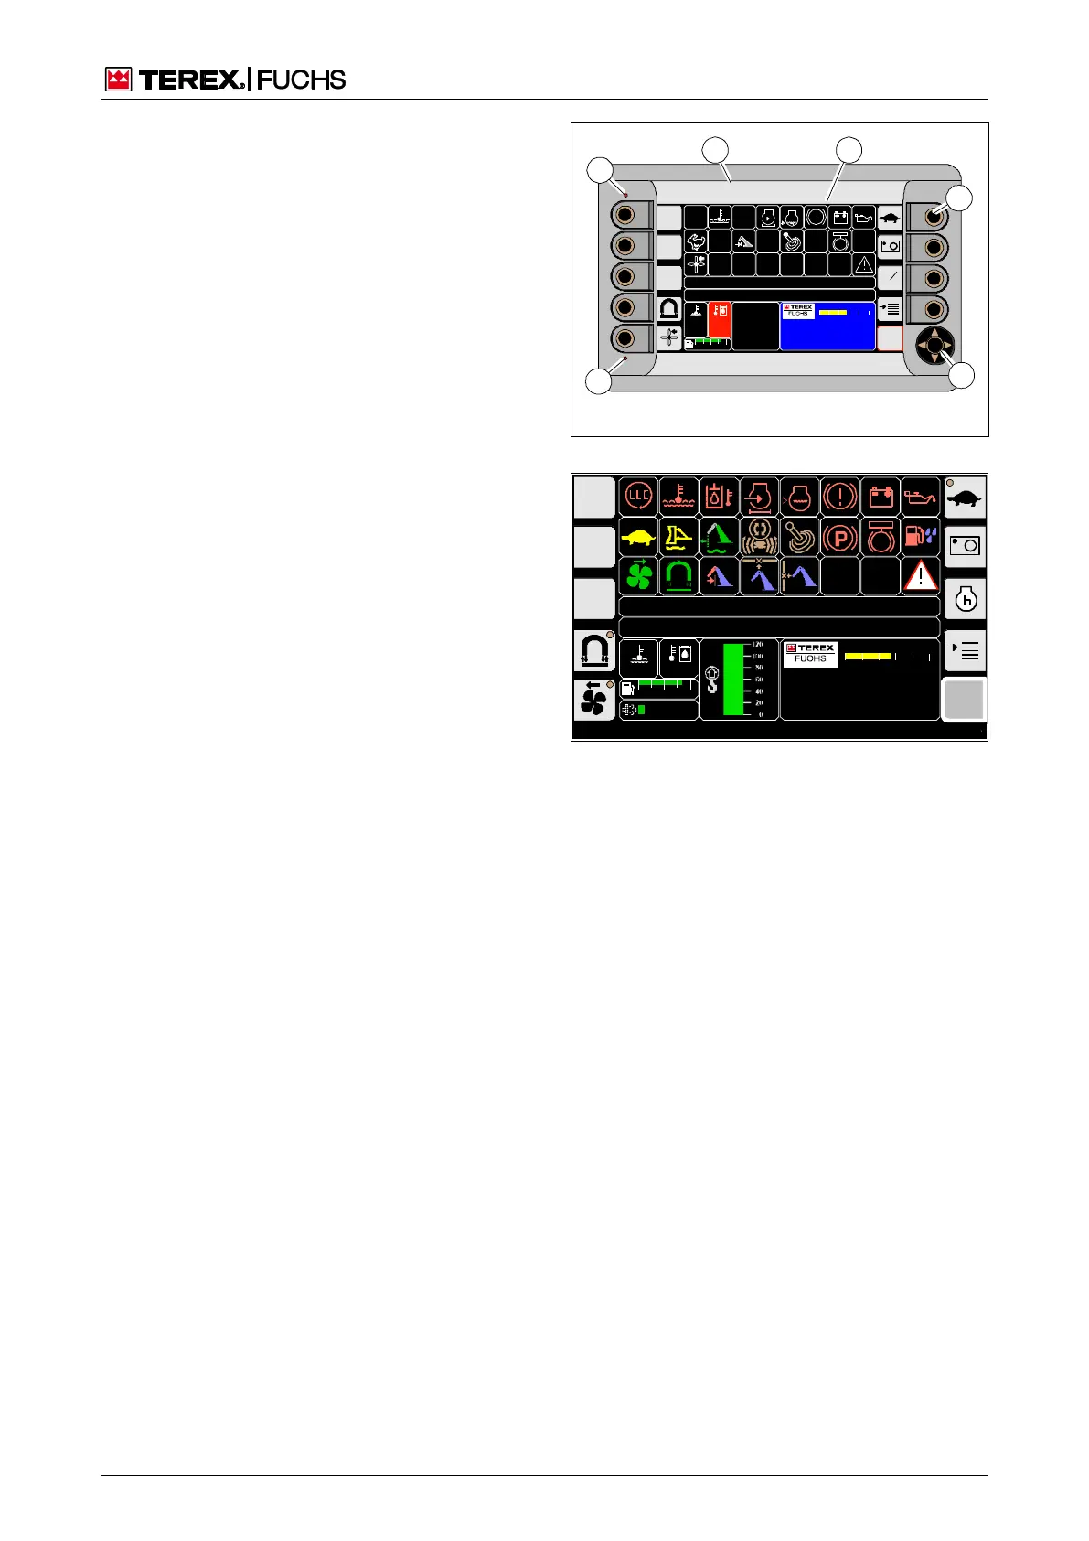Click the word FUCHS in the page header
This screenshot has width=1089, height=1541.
(302, 80)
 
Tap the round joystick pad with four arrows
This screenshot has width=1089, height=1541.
(934, 346)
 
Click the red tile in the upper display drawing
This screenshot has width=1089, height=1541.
(720, 320)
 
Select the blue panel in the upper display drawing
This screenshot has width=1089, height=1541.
(827, 326)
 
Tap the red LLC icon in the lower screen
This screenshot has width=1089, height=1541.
(638, 497)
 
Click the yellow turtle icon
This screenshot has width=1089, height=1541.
(638, 538)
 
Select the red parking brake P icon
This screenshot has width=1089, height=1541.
(839, 538)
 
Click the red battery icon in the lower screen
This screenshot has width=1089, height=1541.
(881, 497)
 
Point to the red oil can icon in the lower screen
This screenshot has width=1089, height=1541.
(920, 497)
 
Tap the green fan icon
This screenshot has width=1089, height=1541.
(638, 577)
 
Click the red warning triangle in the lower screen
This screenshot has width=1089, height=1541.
(920, 577)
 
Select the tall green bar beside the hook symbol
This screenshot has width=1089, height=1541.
(735, 679)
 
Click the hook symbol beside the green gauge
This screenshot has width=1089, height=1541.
(712, 680)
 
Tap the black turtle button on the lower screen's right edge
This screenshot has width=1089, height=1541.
(965, 498)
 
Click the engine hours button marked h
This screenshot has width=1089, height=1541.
(965, 600)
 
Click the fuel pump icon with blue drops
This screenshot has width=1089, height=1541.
(920, 537)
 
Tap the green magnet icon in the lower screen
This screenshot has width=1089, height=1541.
(678, 577)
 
